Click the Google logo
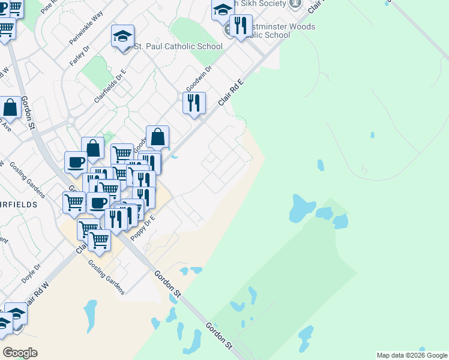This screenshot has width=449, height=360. tap(19, 352)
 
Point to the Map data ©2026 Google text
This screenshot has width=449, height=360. tap(411, 355)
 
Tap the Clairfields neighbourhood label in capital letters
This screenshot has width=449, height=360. tap(18, 204)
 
